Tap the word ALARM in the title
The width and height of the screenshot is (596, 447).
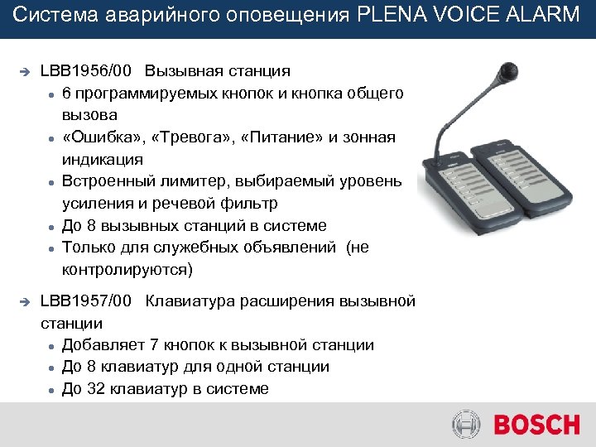[547, 17]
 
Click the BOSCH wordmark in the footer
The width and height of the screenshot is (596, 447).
[536, 425]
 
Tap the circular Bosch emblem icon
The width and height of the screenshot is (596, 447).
[466, 425]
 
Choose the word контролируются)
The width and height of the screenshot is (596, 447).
[126, 269]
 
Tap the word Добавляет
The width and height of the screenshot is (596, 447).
[102, 345]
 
